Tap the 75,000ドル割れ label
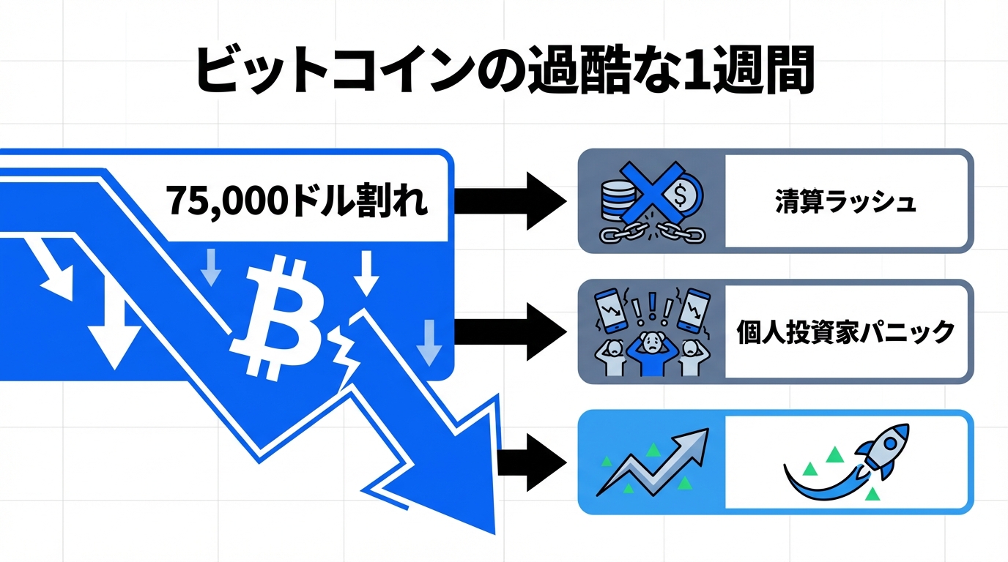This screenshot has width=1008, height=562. click(x=297, y=200)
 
